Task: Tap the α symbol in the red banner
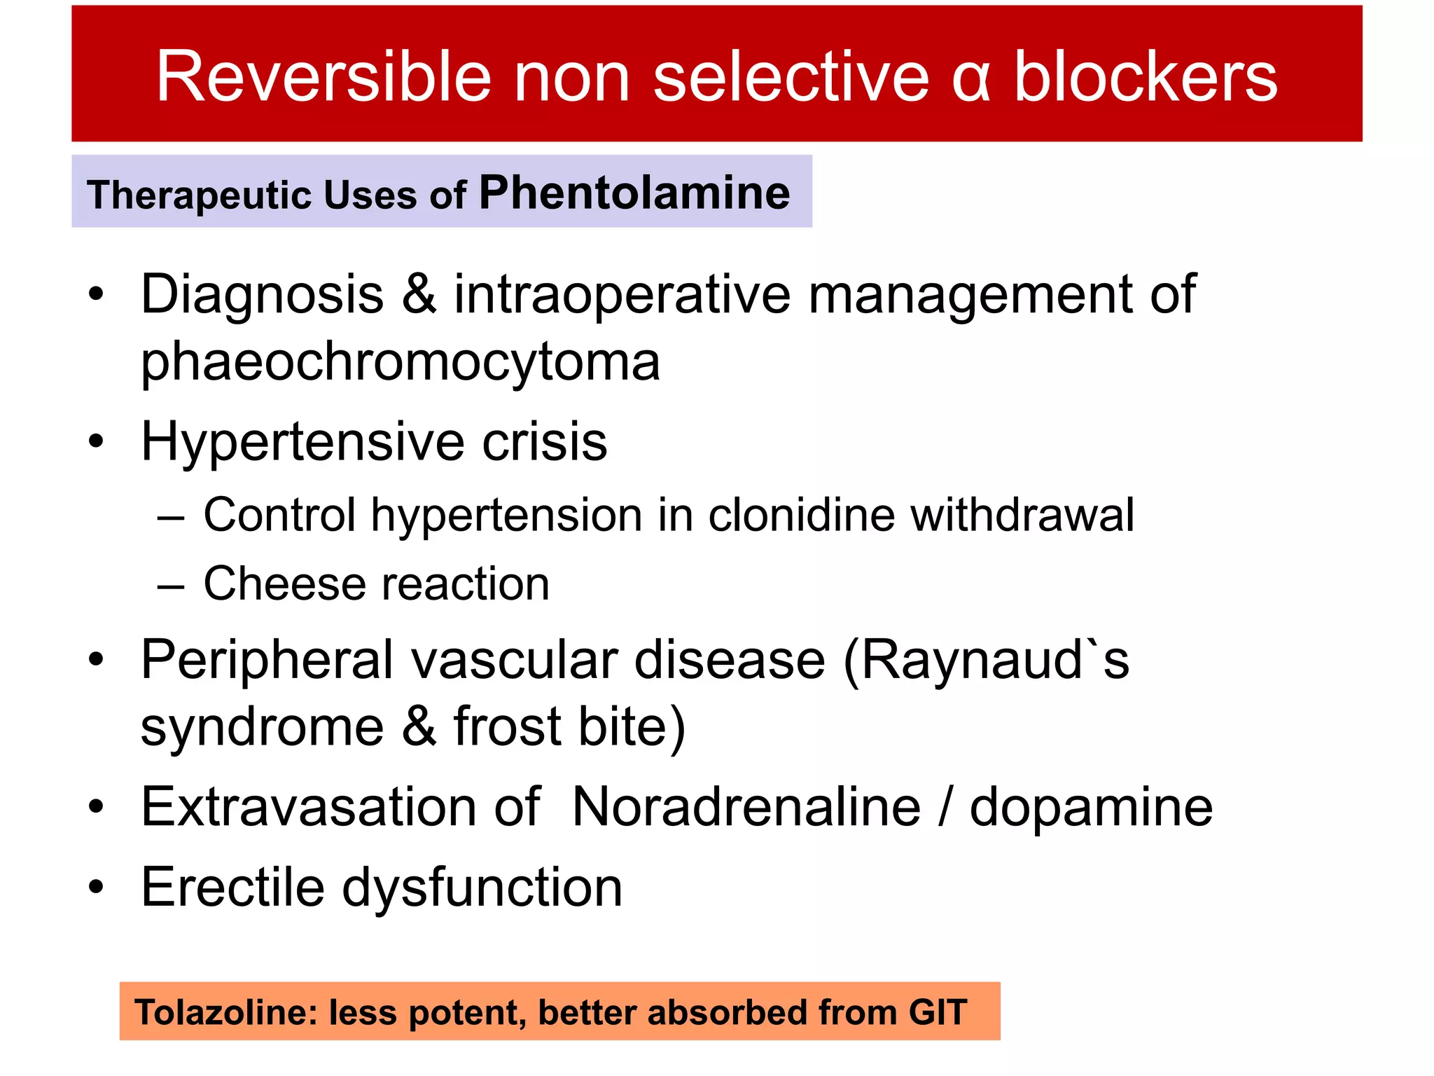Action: [971, 78]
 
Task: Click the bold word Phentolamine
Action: [634, 193]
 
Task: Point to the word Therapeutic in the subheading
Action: [199, 195]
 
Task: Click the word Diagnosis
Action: [263, 295]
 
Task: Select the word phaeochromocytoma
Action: [400, 361]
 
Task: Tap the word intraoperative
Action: [622, 294]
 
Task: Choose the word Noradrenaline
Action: [746, 807]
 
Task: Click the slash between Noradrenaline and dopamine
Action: [945, 807]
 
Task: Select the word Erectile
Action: [232, 887]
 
